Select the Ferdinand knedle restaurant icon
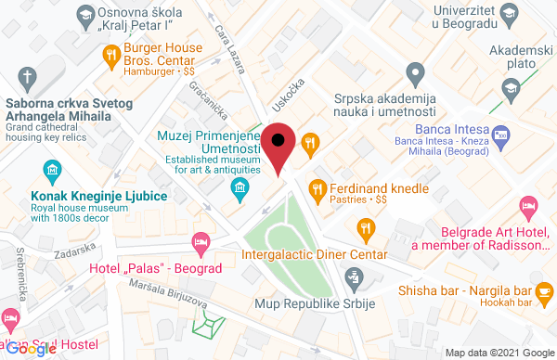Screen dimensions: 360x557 click(319, 188)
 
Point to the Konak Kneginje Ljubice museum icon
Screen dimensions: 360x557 click(53, 170)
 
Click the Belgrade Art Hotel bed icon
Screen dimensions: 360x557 click(528, 206)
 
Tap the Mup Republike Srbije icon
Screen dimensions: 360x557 click(353, 276)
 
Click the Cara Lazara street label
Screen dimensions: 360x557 click(233, 49)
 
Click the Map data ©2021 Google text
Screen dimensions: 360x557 click(498, 353)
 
